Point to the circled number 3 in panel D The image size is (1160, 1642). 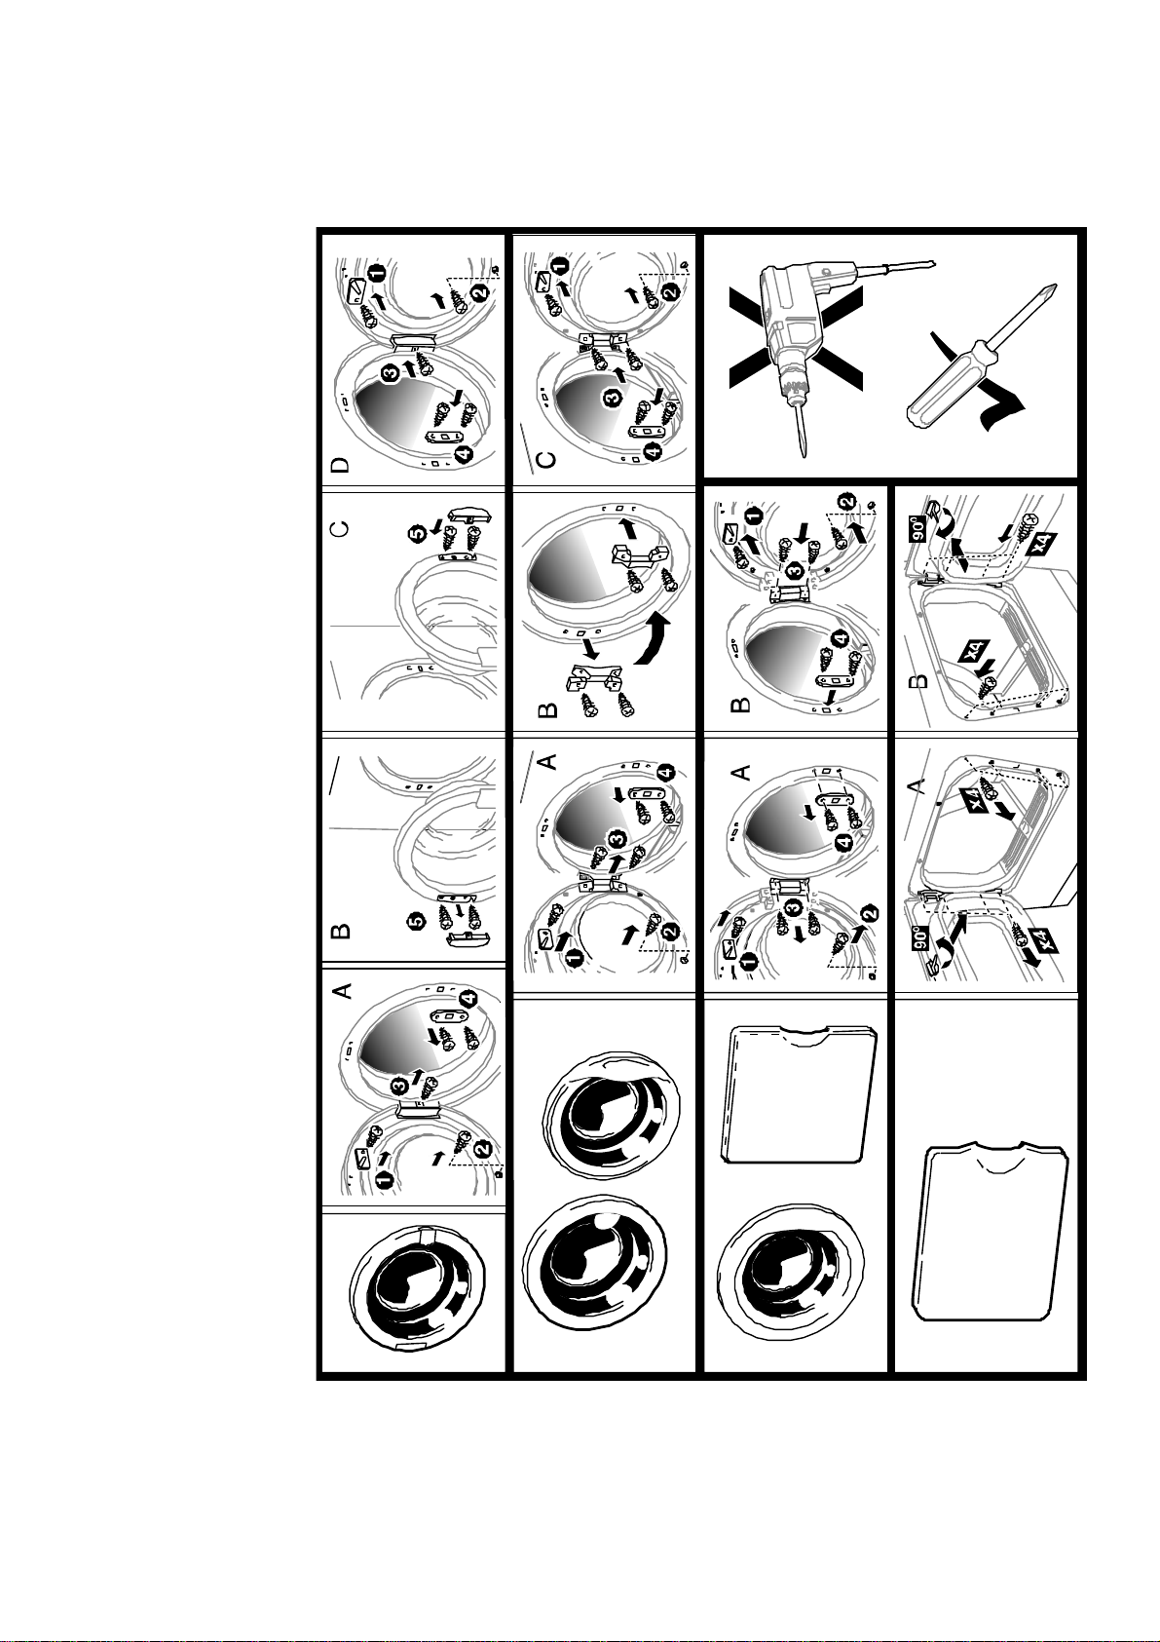click(392, 373)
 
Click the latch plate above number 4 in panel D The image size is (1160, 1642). click(443, 437)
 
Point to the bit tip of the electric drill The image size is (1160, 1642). click(804, 453)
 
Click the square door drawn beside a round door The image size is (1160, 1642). click(799, 1095)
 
